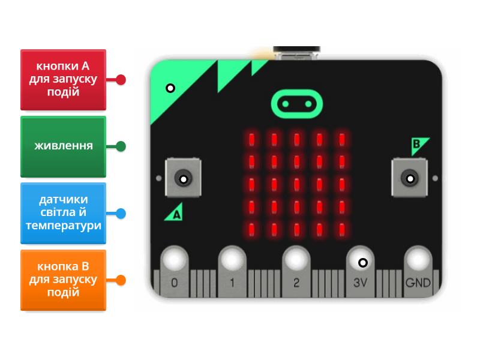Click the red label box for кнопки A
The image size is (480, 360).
(63, 79)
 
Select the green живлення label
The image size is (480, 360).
(63, 146)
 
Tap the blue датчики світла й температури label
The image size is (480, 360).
(63, 213)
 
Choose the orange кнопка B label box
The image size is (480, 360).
(63, 280)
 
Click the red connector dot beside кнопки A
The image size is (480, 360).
(121, 79)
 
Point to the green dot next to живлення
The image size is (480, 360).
(121, 146)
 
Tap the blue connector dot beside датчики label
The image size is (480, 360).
(121, 213)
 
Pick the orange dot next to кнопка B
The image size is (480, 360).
(121, 280)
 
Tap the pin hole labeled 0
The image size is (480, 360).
(174, 259)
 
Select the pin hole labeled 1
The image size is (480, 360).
(232, 259)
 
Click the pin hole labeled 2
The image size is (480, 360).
(296, 259)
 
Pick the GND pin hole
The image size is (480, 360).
(418, 259)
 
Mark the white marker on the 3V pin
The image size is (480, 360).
(362, 262)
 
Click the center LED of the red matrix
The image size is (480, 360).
(296, 184)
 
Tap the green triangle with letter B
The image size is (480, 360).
(419, 145)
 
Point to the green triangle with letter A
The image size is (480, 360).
(175, 212)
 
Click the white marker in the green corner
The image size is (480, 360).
(170, 88)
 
